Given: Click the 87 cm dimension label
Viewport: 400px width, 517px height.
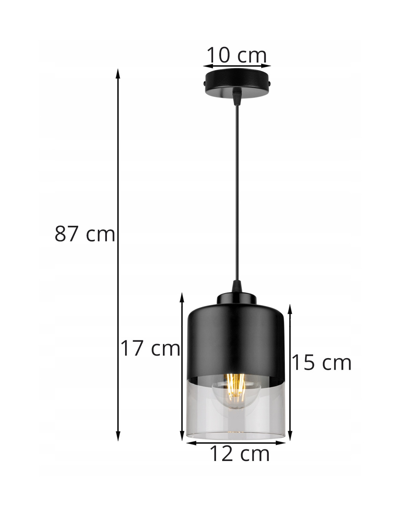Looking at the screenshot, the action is coord(85,234).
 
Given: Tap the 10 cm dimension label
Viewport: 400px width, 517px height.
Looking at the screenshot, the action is coord(237,55).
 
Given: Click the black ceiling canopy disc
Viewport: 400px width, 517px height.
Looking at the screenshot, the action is coord(236,83).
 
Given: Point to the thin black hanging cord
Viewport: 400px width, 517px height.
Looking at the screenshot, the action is coord(236,193).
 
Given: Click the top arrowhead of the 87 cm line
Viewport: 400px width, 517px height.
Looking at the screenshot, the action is coord(117,73).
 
